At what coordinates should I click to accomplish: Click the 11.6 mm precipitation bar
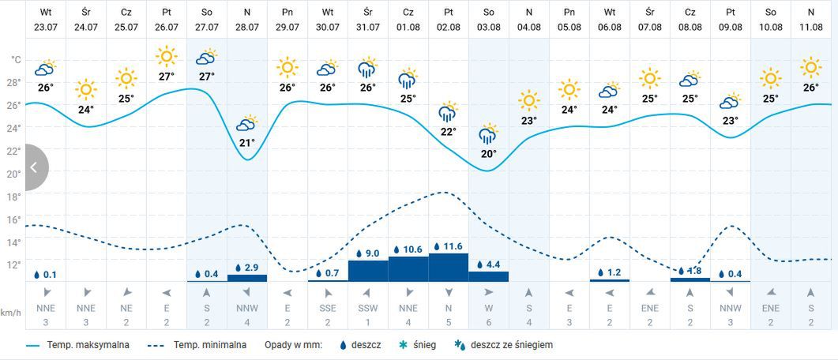[449, 267]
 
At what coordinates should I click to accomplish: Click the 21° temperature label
[247, 143]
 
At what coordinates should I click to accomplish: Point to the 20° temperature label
[489, 154]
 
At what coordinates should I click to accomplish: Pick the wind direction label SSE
[328, 308]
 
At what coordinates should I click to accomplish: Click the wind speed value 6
[489, 322]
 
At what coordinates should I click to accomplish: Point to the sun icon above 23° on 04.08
[529, 100]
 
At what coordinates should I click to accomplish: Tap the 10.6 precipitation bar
[408, 268]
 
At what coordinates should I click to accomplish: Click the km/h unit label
[10, 313]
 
